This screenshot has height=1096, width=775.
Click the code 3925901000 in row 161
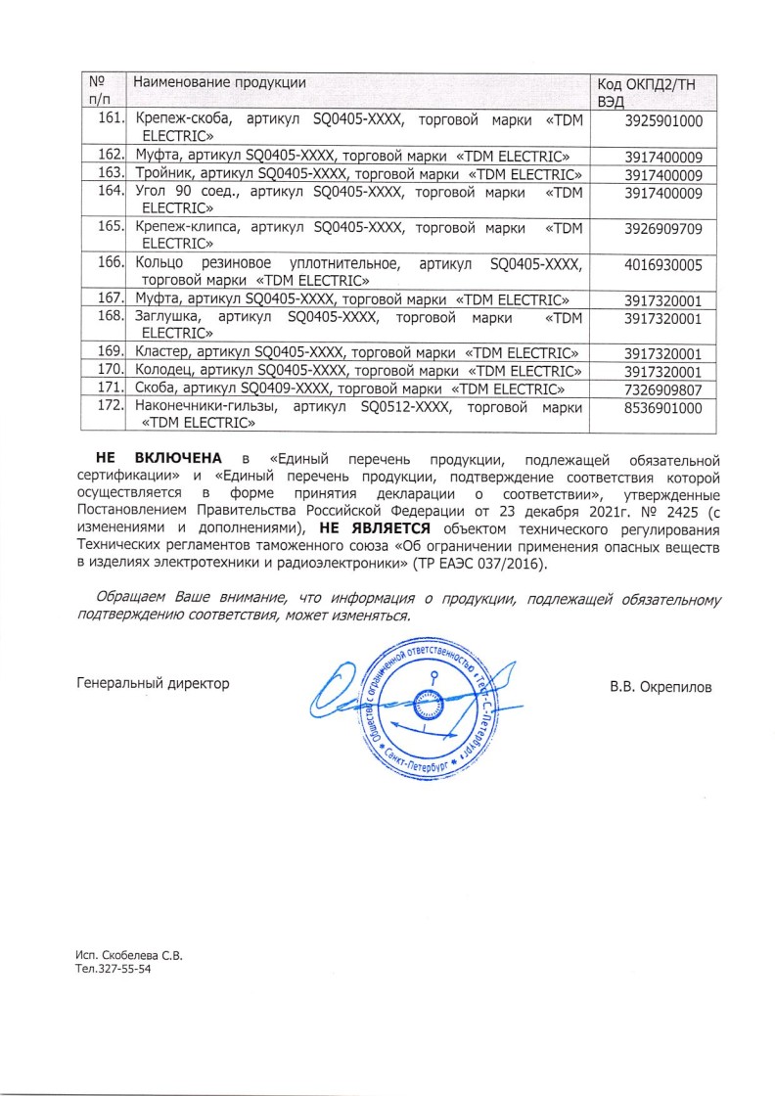pos(663,121)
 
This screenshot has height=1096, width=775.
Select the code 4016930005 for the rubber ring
pos(663,265)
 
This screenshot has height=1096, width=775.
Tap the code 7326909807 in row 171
pos(663,390)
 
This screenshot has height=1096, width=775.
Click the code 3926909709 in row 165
pos(663,229)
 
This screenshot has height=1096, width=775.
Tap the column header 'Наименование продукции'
pos(220,81)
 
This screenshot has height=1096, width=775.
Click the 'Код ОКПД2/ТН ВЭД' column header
pos(648,91)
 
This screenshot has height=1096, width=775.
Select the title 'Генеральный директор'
pos(153,684)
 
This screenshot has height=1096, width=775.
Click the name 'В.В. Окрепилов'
pos(661,686)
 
